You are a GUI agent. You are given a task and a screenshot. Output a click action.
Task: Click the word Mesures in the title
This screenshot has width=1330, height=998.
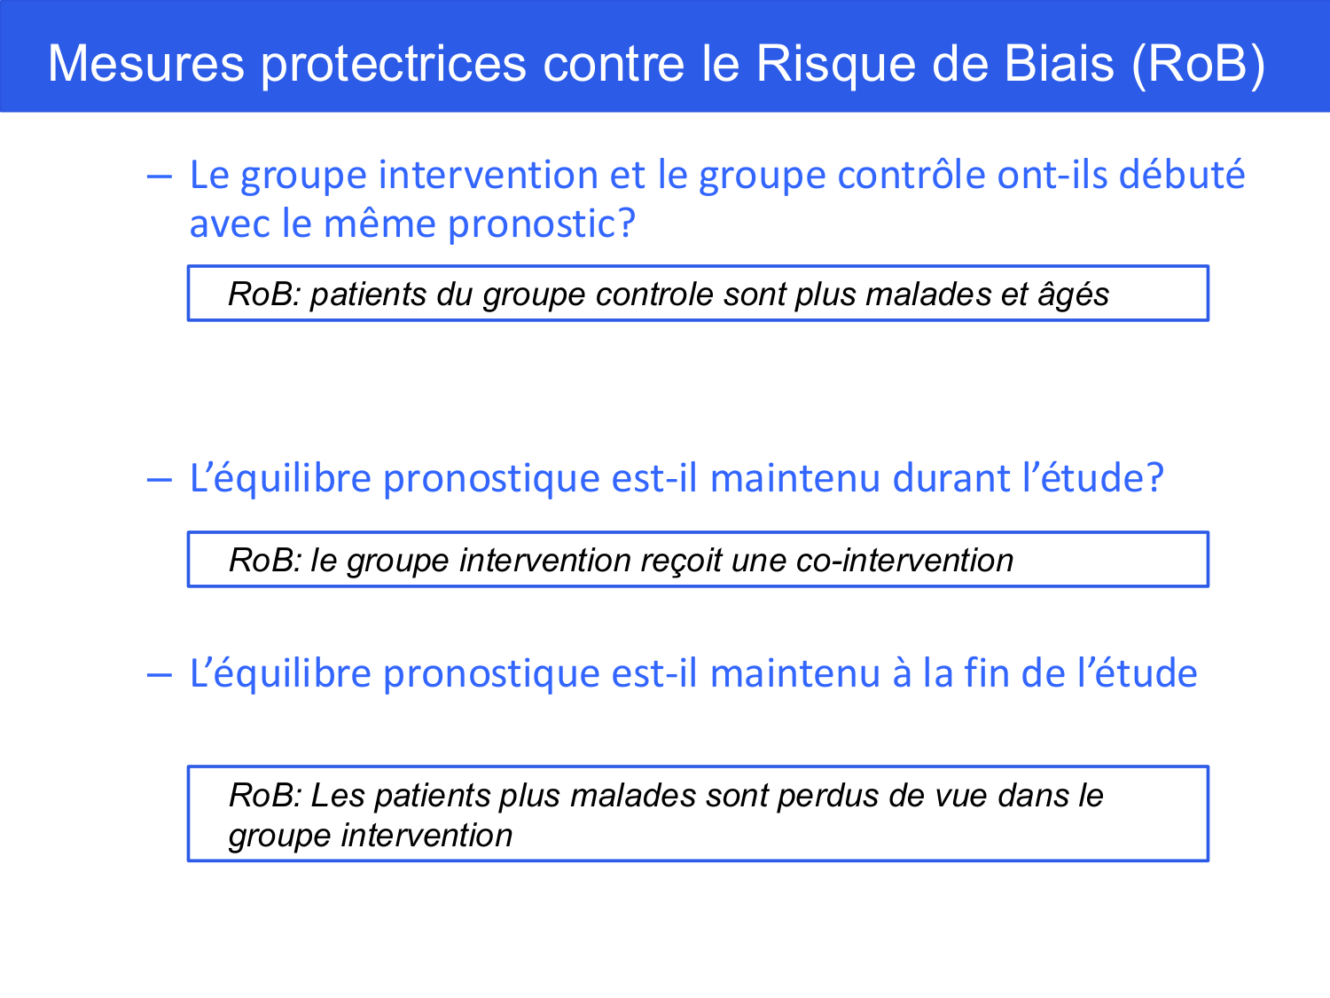(145, 64)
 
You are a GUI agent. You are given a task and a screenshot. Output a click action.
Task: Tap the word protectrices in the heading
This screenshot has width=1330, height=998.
(393, 64)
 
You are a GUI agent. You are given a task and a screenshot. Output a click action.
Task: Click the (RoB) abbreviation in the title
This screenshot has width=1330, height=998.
(1198, 64)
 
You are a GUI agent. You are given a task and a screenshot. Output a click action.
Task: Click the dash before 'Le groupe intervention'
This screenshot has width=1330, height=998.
(159, 176)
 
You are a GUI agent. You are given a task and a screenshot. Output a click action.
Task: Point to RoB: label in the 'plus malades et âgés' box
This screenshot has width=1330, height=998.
(264, 294)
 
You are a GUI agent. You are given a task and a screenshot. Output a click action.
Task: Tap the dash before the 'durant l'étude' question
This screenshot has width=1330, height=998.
(159, 479)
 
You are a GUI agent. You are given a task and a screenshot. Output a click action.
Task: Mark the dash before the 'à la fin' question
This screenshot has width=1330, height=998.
(159, 674)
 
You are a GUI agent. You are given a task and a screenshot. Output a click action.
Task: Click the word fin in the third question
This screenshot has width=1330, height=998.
(988, 673)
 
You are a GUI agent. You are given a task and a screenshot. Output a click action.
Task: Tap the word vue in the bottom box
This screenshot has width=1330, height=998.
(961, 796)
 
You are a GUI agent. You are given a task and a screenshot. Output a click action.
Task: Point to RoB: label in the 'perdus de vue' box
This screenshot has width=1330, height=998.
(265, 795)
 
